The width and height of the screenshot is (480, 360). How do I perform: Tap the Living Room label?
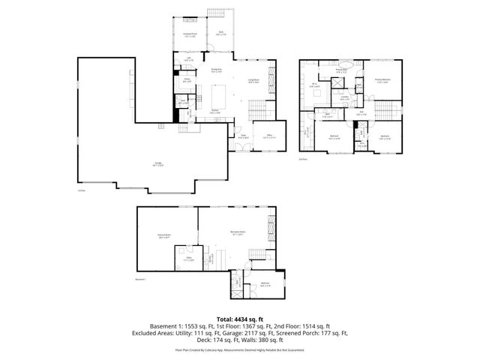(x=253, y=82)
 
